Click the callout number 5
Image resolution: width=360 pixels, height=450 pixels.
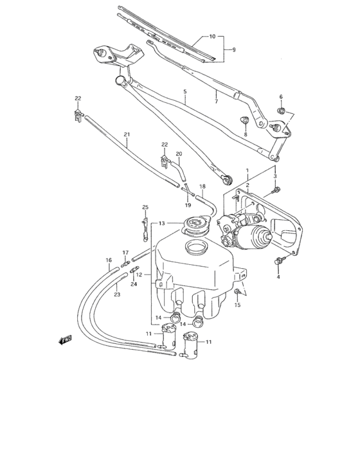pyautogui.click(x=184, y=92)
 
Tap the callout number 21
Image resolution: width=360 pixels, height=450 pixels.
pyautogui.click(x=127, y=134)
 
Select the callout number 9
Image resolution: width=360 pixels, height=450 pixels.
pyautogui.click(x=234, y=49)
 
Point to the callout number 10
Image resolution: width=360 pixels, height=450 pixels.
pyautogui.click(x=213, y=37)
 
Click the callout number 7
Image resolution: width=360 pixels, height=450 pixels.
pyautogui.click(x=217, y=100)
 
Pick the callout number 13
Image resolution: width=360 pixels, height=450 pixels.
pyautogui.click(x=163, y=223)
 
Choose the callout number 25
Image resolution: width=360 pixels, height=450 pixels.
pyautogui.click(x=145, y=207)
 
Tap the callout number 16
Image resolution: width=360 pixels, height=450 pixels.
pyautogui.click(x=109, y=260)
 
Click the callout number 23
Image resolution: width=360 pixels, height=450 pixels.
pyautogui.click(x=116, y=294)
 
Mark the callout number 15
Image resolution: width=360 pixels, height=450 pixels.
pyautogui.click(x=237, y=305)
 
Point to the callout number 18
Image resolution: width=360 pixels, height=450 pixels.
pyautogui.click(x=202, y=186)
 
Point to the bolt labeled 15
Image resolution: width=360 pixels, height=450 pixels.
pyautogui.click(x=238, y=292)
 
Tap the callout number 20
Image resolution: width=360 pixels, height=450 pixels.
pyautogui.click(x=179, y=154)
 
